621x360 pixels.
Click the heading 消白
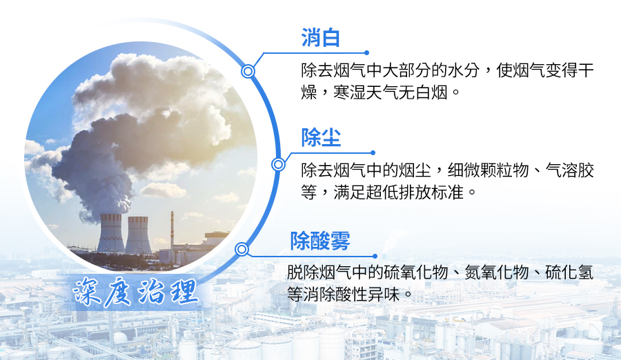321,39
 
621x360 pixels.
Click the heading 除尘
321,138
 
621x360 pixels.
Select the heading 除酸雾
320,241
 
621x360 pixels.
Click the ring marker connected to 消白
248,71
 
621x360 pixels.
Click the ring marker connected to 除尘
279,164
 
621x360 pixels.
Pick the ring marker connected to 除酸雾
241,249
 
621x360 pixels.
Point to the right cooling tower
138,234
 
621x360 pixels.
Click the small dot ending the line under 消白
366,52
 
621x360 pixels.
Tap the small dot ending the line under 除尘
373,153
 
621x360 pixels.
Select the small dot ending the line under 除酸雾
375,256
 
